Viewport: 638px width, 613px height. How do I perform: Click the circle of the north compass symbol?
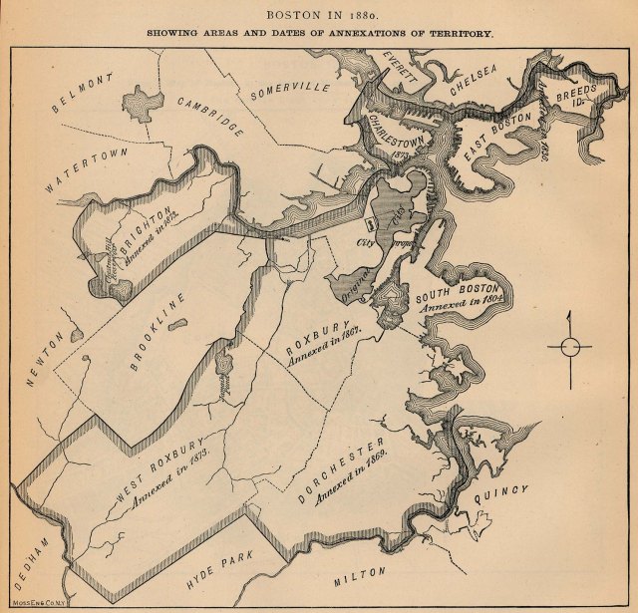pos(569,347)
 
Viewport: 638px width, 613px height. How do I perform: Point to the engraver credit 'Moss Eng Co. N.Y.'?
pos(32,606)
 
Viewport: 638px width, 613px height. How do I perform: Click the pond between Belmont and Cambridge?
pos(140,100)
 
